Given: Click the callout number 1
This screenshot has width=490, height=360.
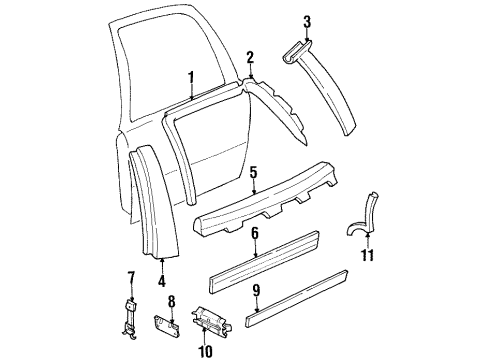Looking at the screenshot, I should pos(189,75).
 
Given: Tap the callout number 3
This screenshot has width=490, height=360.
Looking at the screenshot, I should pos(307,20).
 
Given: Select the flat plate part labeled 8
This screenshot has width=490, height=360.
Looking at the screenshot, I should pos(166,326).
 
